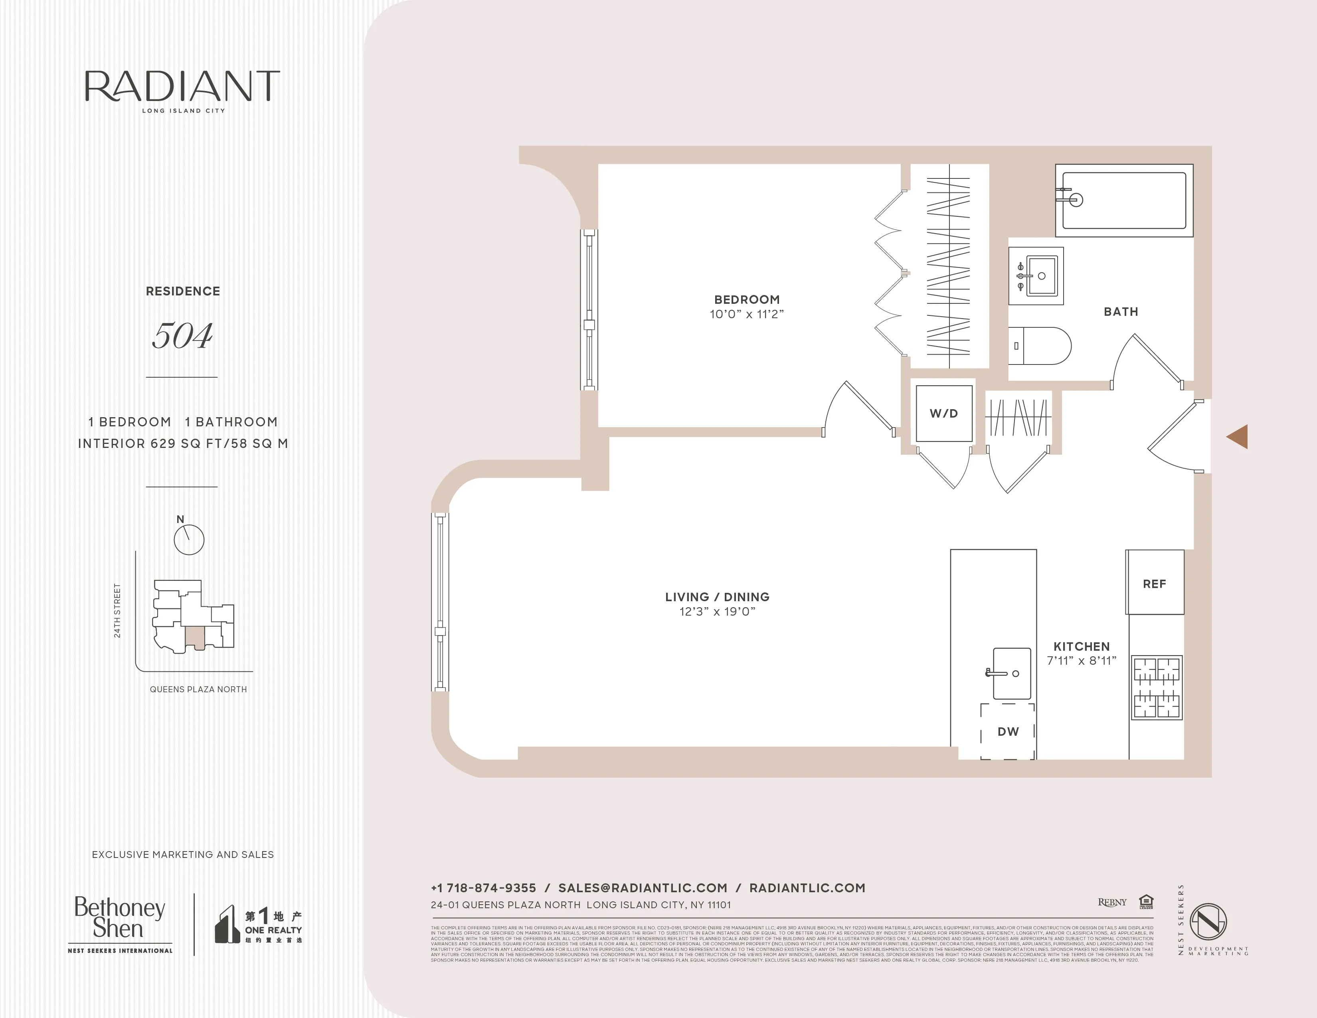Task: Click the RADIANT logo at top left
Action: [182, 87]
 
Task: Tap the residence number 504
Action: [182, 335]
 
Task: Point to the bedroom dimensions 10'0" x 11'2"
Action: [747, 314]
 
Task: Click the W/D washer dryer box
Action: [944, 414]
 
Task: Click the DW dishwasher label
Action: [1008, 731]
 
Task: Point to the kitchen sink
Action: [1011, 673]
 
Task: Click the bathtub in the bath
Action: [1123, 200]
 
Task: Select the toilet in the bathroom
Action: [1039, 346]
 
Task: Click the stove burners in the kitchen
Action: [1156, 687]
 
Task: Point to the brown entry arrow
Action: [1238, 437]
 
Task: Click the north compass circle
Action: [189, 539]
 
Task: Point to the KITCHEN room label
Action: [1081, 646]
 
